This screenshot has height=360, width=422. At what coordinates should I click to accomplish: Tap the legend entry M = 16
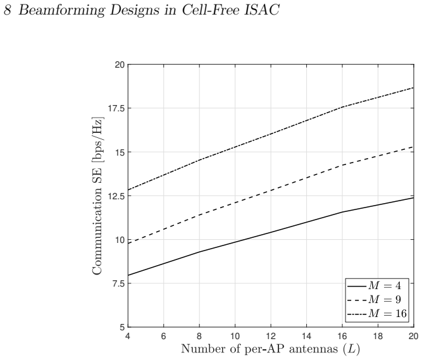click(377, 314)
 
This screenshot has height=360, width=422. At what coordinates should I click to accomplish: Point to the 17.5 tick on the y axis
click(116, 108)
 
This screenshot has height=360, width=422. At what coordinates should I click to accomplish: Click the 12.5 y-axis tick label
click(116, 196)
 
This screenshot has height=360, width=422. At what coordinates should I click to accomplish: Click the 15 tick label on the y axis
click(120, 152)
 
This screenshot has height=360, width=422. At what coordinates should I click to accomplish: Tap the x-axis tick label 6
click(163, 337)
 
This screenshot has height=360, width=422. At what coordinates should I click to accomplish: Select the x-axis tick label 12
click(271, 337)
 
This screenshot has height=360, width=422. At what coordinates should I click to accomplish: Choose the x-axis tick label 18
click(378, 337)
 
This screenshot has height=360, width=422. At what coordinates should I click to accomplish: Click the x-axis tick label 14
click(307, 337)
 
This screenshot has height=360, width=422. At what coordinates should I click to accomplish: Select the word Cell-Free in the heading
click(211, 10)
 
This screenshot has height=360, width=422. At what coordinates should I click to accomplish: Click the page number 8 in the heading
click(7, 11)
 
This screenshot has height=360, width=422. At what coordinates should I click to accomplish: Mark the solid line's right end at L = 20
click(414, 198)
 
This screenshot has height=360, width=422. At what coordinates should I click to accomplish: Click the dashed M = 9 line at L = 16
click(342, 164)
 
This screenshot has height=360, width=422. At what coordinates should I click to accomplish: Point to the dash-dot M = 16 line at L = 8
click(199, 160)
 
